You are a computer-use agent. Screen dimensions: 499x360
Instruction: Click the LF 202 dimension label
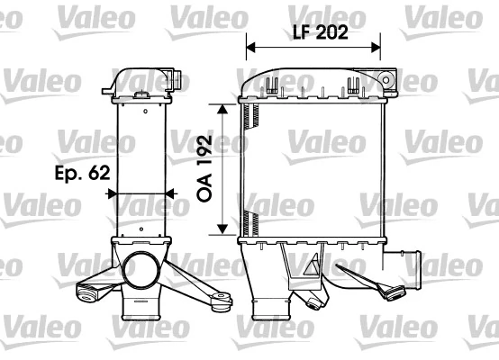point(321,32)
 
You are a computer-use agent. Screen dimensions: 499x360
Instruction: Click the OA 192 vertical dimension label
point(204,168)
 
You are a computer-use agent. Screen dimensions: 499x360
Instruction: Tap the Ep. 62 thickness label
point(83,174)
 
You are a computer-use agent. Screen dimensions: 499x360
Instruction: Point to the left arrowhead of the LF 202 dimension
point(250,48)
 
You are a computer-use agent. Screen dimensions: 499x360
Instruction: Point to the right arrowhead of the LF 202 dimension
point(376,48)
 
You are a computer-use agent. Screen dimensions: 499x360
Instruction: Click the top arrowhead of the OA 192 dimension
point(222,109)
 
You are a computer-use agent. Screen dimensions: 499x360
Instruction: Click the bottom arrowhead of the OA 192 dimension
point(222,229)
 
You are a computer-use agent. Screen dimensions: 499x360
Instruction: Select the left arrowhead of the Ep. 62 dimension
point(113,193)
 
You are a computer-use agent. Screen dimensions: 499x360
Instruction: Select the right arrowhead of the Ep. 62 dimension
point(170,193)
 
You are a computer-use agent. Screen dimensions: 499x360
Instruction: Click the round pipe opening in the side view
point(141,270)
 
